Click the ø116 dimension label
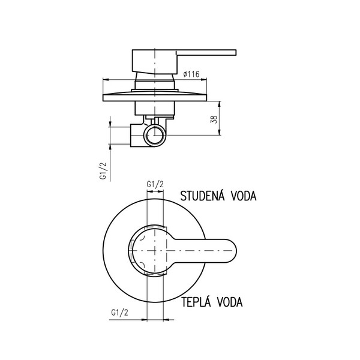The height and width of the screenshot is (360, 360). pyautogui.click(x=190, y=74)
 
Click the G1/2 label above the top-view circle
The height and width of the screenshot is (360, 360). pyautogui.click(x=155, y=184)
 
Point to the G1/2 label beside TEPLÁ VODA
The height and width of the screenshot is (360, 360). pyautogui.click(x=121, y=312)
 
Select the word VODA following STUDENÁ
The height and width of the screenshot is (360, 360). pyautogui.click(x=244, y=196)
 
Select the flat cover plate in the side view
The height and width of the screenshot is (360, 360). pyautogui.click(x=156, y=96)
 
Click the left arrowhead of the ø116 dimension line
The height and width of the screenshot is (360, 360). pyautogui.click(x=106, y=80)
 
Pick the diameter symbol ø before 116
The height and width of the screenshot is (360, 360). pyautogui.click(x=182, y=74)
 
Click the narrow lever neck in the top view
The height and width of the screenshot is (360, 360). pyautogui.click(x=186, y=248)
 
